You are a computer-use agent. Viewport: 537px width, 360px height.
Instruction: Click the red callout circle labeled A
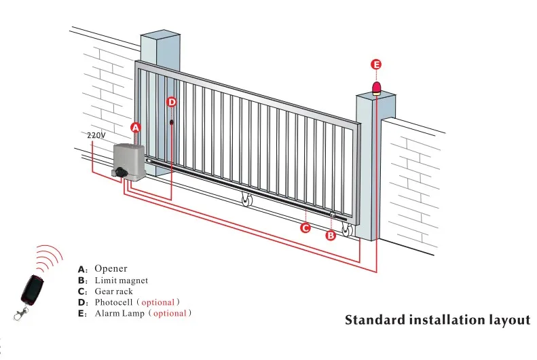click(135, 127)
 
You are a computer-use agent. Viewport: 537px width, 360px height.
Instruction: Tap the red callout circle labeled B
click(331, 236)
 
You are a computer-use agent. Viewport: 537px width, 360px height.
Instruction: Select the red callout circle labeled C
click(305, 228)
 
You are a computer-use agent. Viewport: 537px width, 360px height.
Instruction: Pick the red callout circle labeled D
click(171, 102)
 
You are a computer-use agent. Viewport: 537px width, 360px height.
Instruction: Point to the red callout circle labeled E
click(376, 65)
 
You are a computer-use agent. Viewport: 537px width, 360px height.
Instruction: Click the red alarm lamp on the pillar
click(376, 88)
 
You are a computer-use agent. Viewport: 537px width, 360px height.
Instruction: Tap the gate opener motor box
click(129, 162)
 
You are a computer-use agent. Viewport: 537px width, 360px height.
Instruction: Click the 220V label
click(96, 135)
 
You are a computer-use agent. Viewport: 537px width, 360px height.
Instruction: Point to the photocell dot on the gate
click(172, 123)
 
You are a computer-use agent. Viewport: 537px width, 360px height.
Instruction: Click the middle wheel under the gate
click(246, 201)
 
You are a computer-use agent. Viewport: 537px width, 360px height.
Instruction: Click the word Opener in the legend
click(111, 269)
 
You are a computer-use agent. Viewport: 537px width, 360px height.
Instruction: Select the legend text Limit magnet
click(121, 280)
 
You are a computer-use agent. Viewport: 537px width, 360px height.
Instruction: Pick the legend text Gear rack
click(113, 291)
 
